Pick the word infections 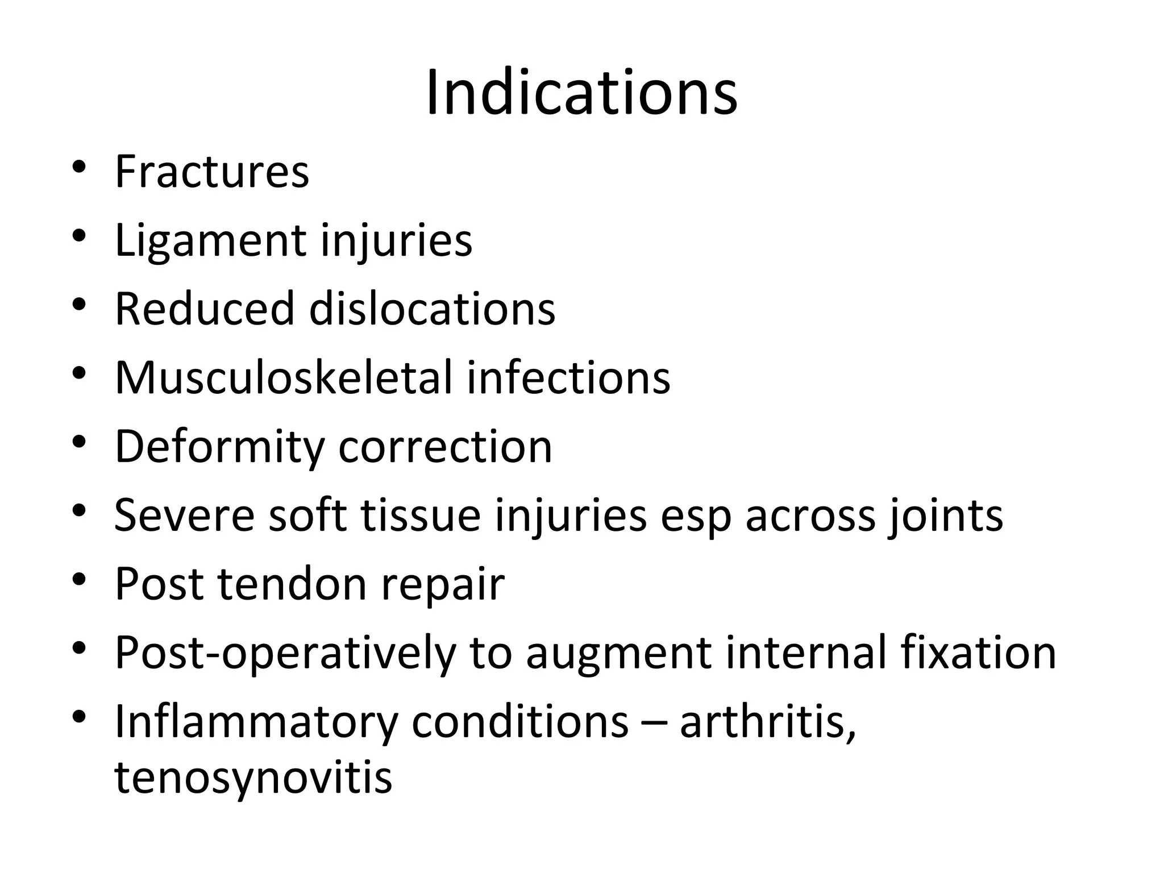click(568, 377)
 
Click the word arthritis click(767, 721)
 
